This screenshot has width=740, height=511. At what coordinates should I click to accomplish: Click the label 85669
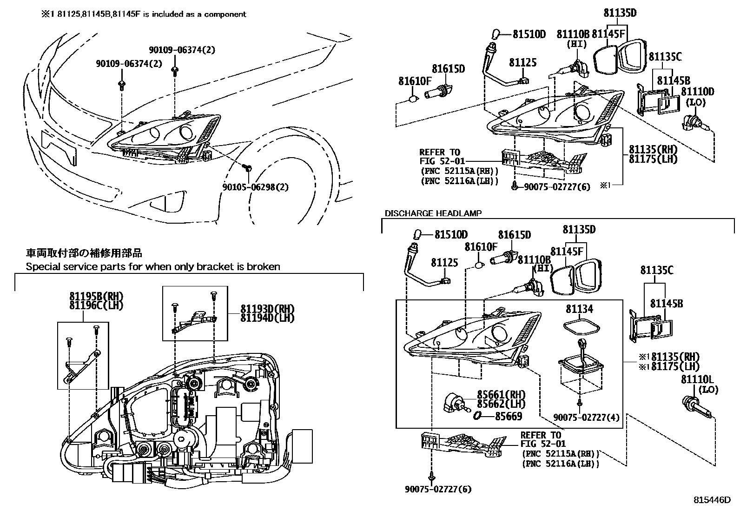[509, 417]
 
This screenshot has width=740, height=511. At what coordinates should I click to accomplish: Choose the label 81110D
[697, 92]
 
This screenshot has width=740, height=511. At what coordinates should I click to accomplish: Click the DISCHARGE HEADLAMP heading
[433, 213]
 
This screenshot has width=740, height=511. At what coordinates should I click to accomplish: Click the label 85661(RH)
[501, 395]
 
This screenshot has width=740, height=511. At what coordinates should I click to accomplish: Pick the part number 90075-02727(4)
[587, 418]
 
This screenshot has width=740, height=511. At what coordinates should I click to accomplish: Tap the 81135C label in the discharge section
[656, 270]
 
